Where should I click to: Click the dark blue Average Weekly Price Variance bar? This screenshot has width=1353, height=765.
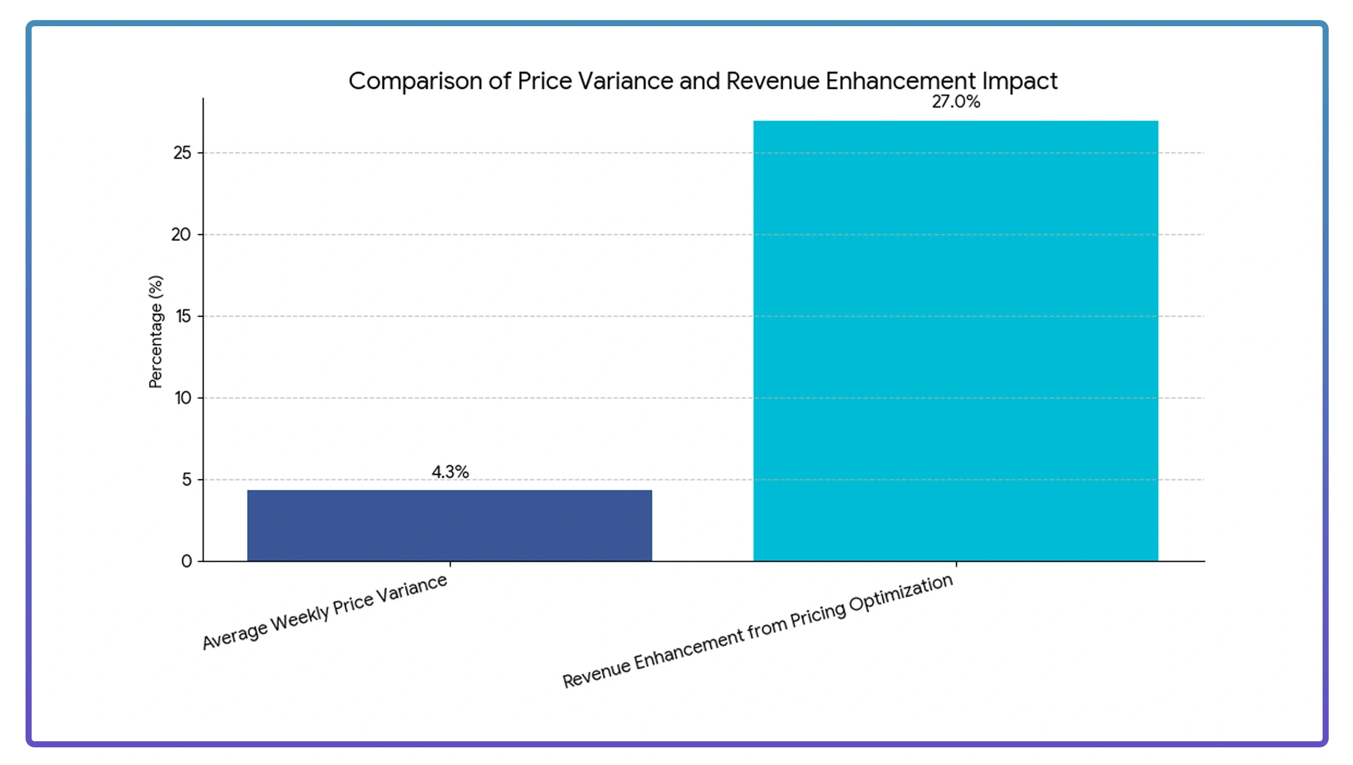pyautogui.click(x=449, y=525)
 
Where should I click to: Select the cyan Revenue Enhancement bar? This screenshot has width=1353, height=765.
pyautogui.click(x=955, y=341)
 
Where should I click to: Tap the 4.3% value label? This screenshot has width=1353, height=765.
pyautogui.click(x=450, y=472)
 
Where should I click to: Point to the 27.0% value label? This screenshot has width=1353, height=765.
pyautogui.click(x=956, y=102)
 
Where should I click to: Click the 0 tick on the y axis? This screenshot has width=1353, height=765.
pyautogui.click(x=186, y=561)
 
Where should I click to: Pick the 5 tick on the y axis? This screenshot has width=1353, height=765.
pyautogui.click(x=186, y=480)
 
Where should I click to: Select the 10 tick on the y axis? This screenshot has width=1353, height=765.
pyautogui.click(x=183, y=398)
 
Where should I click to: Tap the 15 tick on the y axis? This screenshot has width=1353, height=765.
pyautogui.click(x=183, y=316)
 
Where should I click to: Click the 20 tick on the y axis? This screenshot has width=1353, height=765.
pyautogui.click(x=181, y=234)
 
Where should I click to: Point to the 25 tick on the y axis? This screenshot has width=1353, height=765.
pyautogui.click(x=182, y=153)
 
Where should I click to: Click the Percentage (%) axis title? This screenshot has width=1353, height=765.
pyautogui.click(x=156, y=332)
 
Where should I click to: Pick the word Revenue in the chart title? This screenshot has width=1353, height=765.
pyautogui.click(x=772, y=81)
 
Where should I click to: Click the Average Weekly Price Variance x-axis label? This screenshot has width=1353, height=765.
pyautogui.click(x=325, y=612)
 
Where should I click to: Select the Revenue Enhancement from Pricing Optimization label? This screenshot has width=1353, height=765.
pyautogui.click(x=757, y=631)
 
